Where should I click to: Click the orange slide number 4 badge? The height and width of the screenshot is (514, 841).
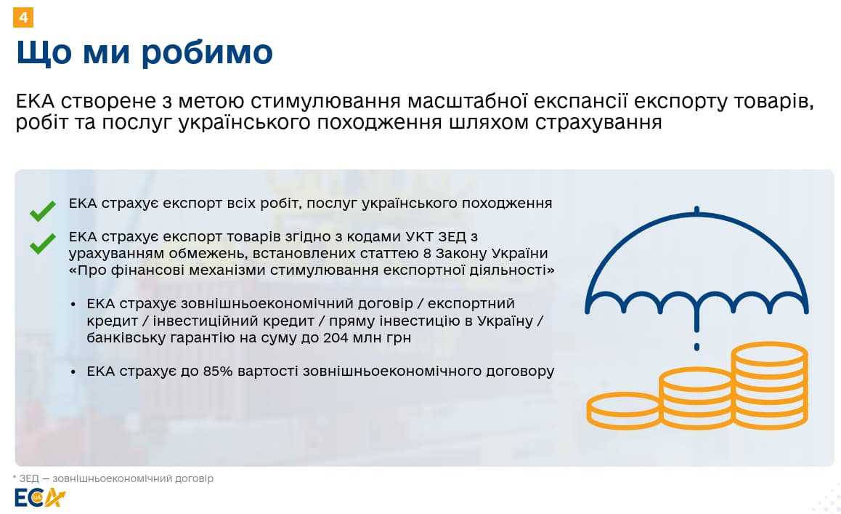click(23, 17)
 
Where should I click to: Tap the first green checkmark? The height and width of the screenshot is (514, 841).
click(43, 211)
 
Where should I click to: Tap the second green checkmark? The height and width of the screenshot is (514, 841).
click(43, 244)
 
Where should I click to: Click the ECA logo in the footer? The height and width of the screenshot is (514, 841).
click(39, 498)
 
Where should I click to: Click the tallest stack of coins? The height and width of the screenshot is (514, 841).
click(770, 385)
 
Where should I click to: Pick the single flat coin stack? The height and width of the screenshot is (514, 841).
click(623, 411)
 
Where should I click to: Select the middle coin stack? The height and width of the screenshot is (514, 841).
click(696, 398)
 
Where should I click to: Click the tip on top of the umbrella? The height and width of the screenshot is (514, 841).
click(696, 209)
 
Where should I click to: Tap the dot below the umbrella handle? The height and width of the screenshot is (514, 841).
click(696, 347)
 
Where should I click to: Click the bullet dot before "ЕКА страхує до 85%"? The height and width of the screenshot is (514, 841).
click(73, 372)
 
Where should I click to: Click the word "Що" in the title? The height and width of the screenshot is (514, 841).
click(44, 53)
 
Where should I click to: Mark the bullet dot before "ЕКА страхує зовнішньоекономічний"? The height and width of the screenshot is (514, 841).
click(73, 305)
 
